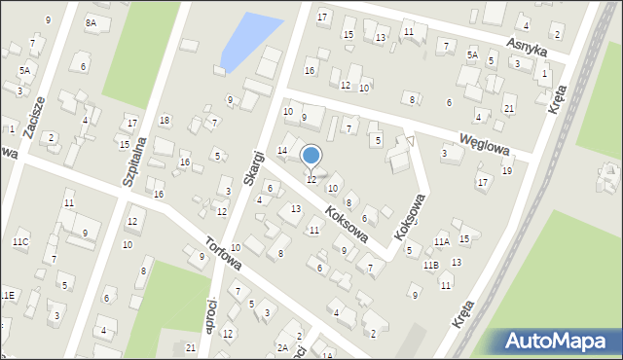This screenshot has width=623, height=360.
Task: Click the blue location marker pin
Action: point(311,157)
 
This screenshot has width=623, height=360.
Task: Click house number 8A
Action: point(92,21)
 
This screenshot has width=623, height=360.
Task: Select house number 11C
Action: point(20,240)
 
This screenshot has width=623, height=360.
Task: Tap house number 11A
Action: point(441,241)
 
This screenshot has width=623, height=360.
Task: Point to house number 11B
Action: point(431,265)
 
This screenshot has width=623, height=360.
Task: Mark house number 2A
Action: point(282,347)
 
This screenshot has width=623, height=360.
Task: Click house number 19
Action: point(506,171)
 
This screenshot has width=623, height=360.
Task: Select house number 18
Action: point(165,120)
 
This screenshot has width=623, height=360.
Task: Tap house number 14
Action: point(282,150)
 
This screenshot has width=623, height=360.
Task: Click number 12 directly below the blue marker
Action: point(311,180)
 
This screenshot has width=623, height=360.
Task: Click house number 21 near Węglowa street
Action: point(509,107)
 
